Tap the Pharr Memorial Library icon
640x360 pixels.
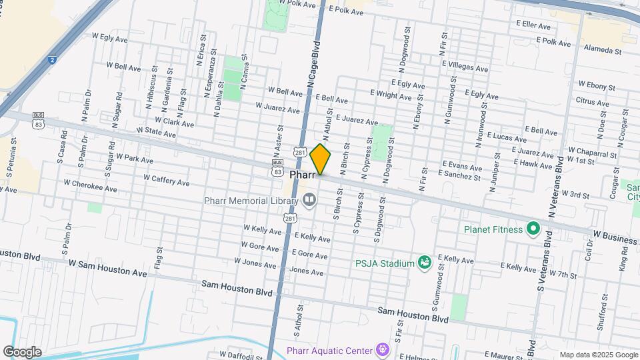(x=309, y=200)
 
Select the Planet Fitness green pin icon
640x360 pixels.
(x=533, y=229)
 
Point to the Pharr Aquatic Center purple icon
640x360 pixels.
(x=381, y=349)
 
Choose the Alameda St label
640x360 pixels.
(x=602, y=51)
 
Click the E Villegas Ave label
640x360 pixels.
(x=466, y=68)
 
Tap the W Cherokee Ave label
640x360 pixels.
(x=90, y=186)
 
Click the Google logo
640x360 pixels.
(x=22, y=351)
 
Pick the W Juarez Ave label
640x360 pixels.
(x=277, y=107)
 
